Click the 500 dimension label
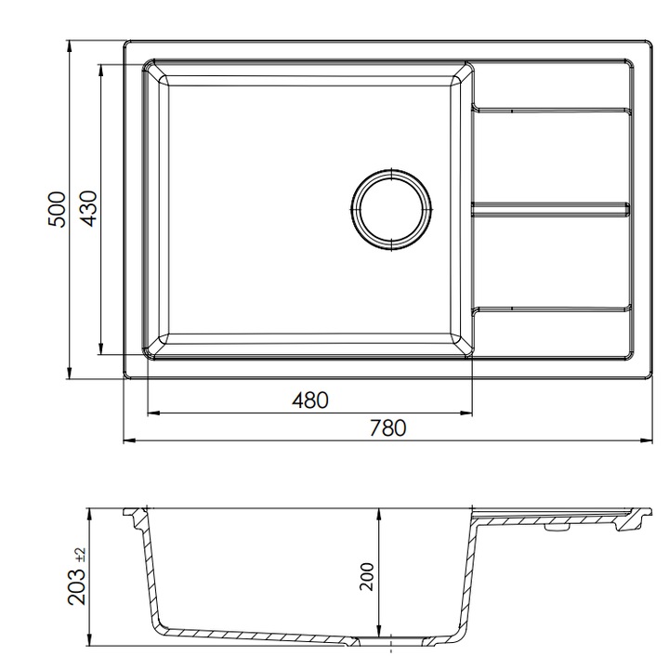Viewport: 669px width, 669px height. click(57, 209)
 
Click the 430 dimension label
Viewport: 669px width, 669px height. click(89, 209)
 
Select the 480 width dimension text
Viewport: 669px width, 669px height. click(310, 400)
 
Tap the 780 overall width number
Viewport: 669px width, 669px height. click(387, 428)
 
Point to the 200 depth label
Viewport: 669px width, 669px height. click(366, 577)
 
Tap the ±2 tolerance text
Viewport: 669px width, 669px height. click(81, 555)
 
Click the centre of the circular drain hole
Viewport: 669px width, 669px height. click(391, 209)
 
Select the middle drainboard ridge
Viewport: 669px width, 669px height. click(550, 209)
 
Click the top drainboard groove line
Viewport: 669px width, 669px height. click(551, 110)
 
